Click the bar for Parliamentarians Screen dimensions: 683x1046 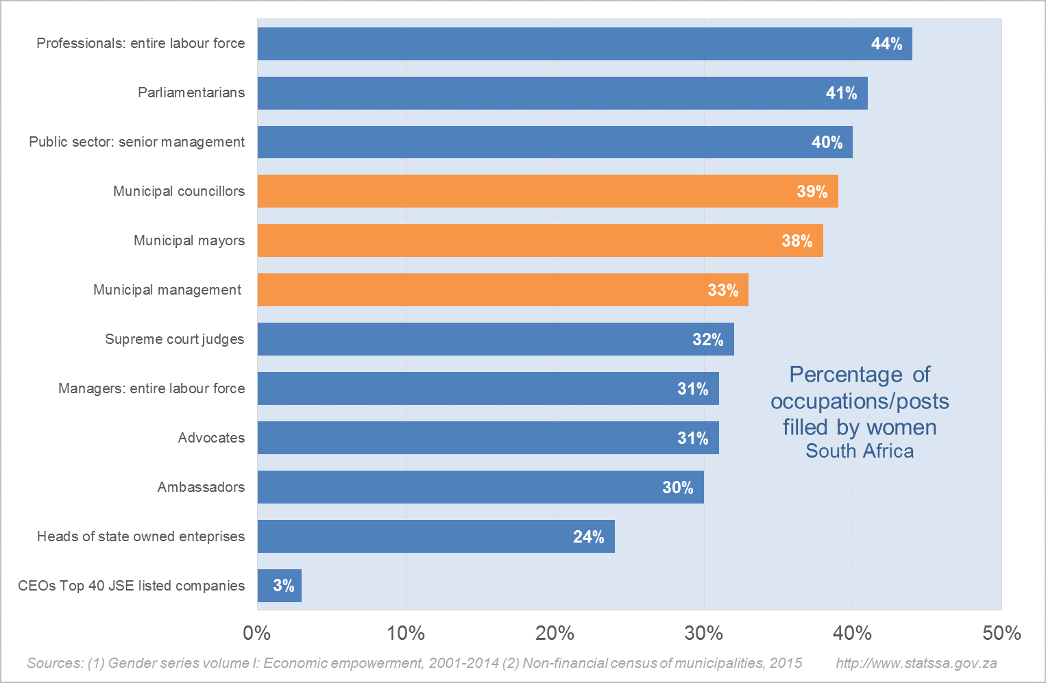point(562,93)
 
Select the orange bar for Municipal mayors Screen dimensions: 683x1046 point(540,240)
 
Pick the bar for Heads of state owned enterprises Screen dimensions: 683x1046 point(436,536)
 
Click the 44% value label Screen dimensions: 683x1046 point(886,44)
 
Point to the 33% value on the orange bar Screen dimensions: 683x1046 point(722,290)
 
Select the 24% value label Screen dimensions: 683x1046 point(588,537)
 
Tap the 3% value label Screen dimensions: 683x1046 point(283,586)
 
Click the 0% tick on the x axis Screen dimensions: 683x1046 point(257,633)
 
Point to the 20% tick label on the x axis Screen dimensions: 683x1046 point(555,633)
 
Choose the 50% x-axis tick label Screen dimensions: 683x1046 point(1001,633)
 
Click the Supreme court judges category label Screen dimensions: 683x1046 point(174,339)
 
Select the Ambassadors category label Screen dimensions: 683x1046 point(201,487)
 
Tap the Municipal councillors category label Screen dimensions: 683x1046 point(178,191)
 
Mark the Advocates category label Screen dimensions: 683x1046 point(211,438)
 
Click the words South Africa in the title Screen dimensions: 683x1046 point(860,451)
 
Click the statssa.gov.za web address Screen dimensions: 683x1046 point(916,663)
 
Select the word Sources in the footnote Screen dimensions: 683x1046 point(54,663)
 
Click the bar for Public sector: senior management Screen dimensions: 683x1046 point(555,142)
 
